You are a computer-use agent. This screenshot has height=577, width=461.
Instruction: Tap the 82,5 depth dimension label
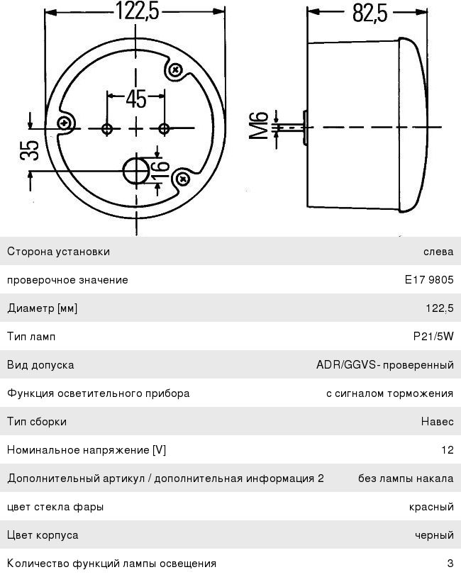pos(370,13)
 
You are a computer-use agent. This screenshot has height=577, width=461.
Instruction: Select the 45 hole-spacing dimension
pos(136,99)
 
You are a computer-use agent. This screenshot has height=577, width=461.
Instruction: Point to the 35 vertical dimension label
pos(30,150)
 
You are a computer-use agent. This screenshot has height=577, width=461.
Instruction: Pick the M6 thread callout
pos(258,125)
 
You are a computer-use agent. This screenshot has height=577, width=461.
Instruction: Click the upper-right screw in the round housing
pos(177,69)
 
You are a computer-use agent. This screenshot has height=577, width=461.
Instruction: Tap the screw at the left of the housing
pos(65,123)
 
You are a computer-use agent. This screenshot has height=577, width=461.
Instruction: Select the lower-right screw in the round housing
pos(183,179)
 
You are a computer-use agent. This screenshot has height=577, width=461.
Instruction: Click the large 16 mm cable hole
pos(136,171)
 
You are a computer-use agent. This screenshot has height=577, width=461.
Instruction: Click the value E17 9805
pos(429,280)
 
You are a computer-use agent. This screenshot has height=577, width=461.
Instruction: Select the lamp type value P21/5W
pos(433,336)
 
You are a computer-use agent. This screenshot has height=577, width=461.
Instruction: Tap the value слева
pos(438,252)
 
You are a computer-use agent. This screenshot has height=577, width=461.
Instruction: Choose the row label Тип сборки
pos(37,421)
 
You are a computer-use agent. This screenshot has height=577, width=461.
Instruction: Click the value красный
pos(431,507)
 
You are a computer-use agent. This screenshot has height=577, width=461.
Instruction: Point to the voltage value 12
pos(448,449)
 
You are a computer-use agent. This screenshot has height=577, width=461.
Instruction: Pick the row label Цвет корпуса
pos(43,535)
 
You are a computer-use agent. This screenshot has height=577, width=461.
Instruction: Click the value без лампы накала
pos(406,478)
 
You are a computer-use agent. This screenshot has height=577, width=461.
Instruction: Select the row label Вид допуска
pos(40,365)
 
